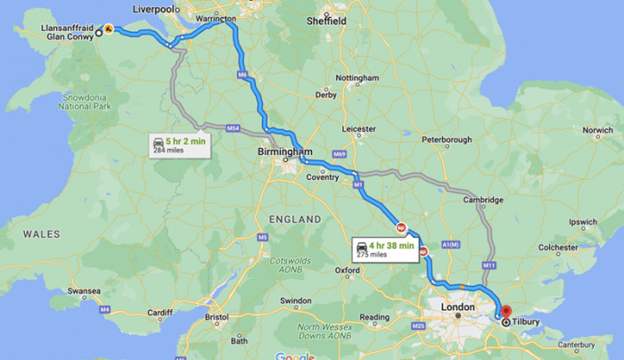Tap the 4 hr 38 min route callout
tap(385, 250)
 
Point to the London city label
tap(456, 307)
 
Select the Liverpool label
tap(152, 8)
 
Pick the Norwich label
tap(597, 130)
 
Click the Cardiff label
tap(160, 312)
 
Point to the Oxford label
tap(347, 270)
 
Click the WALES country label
tap(41, 234)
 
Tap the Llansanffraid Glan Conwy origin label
tap(68, 32)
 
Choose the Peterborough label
tap(446, 140)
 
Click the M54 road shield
tap(233, 129)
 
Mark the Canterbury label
tap(584, 345)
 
